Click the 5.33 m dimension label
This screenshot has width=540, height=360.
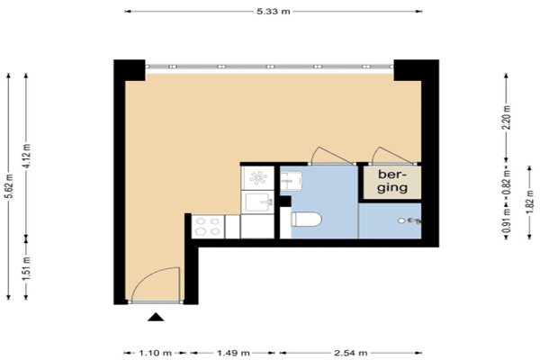coord(274,12)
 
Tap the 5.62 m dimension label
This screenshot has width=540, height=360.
coord(10,186)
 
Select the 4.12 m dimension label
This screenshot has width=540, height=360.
coord(27,156)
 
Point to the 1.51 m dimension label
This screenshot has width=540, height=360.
coord(27,267)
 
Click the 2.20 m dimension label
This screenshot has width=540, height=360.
coord(507,117)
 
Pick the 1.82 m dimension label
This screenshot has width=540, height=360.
coord(531,202)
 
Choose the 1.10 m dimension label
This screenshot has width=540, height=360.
coord(155,353)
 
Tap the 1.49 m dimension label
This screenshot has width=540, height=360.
coord(233,353)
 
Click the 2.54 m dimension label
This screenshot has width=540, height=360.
coord(351,353)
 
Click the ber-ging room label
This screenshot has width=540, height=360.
coord(392,181)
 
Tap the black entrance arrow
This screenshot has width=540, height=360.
coord(156,317)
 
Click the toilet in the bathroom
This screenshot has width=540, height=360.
coord(306,220)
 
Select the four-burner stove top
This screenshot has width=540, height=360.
coord(208,227)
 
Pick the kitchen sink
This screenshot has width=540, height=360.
coord(258,202)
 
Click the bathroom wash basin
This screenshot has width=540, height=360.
coord(291,181)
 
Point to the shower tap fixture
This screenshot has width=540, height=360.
coord(414,220)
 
